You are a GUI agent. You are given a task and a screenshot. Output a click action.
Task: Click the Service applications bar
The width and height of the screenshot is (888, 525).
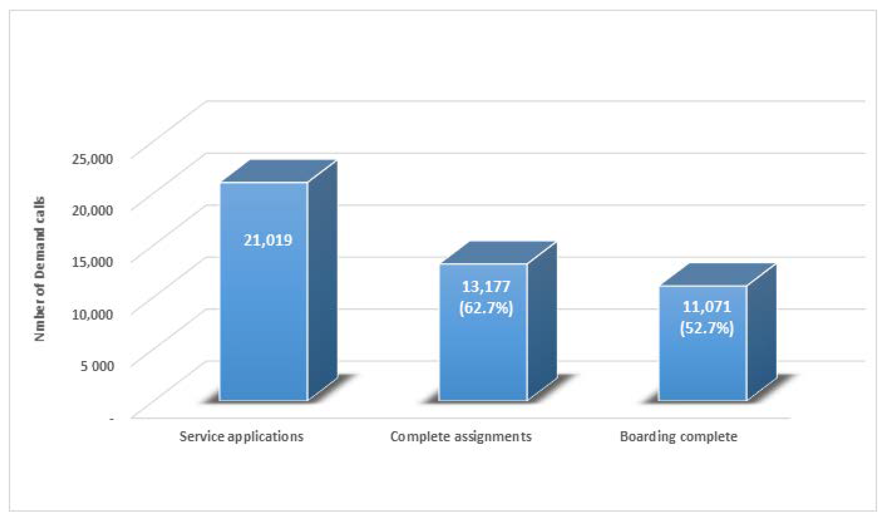pos(264,318)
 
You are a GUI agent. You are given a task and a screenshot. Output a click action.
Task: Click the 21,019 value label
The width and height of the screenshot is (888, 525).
pos(268,240)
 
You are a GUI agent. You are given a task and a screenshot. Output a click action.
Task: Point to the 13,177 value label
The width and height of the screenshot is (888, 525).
pos(486,287)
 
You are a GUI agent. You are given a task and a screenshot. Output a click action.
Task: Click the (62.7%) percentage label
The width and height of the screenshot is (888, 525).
pos(486,308)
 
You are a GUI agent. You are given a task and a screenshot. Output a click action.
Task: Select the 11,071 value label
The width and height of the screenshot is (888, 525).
pos(707,307)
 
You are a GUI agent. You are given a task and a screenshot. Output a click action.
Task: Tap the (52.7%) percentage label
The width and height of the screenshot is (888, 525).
pos(707,328)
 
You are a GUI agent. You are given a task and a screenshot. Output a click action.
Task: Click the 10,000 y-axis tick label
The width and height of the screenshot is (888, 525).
pos(92,314)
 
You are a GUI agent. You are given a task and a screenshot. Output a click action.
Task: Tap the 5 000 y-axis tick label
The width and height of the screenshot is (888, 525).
pos(97,366)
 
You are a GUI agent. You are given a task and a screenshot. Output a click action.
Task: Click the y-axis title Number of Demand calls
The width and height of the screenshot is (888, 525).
pos(40,269)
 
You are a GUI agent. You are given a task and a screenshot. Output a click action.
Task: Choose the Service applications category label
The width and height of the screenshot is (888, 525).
pos(241,437)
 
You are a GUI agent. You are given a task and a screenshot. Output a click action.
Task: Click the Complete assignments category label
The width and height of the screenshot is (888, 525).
pos(461,437)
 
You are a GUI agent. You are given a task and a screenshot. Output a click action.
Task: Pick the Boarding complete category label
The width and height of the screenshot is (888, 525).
pos(679,437)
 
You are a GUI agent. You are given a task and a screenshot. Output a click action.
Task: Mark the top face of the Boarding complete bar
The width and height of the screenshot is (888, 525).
pos(718,275)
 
